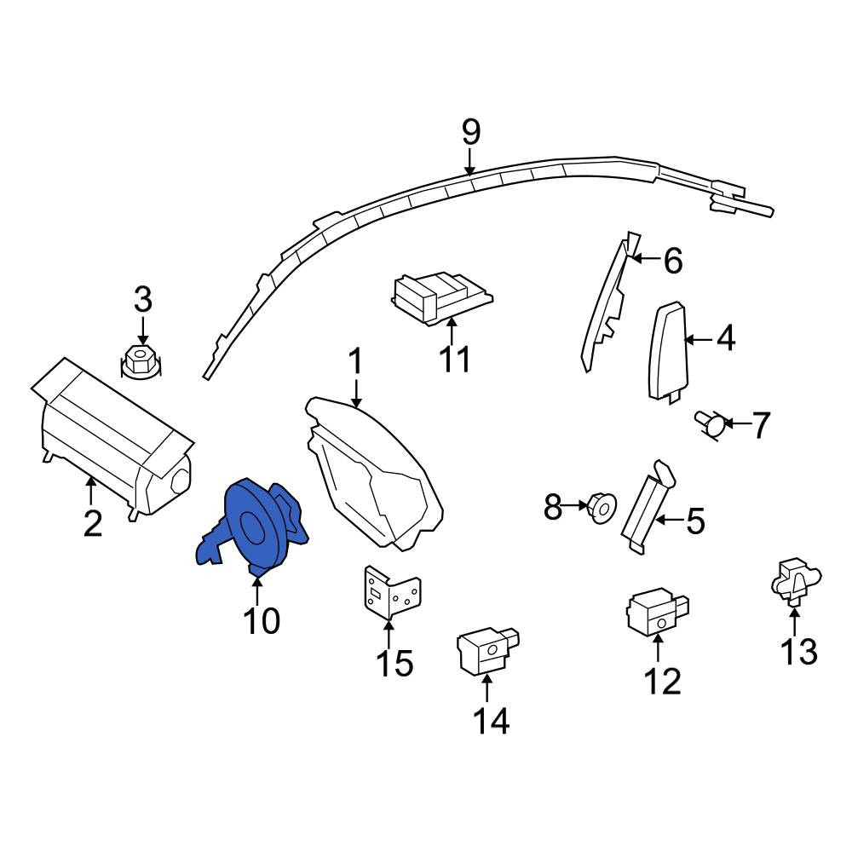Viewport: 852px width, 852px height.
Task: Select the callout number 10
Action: [x=262, y=620]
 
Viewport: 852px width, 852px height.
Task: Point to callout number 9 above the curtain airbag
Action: [x=471, y=133]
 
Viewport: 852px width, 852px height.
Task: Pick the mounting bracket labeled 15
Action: [x=392, y=592]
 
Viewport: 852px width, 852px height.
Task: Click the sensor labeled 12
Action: [x=658, y=611]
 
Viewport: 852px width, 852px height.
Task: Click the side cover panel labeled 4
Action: [x=667, y=354]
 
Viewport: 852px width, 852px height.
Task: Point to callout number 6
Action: [x=673, y=261]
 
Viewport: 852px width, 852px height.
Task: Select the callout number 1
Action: [x=355, y=361]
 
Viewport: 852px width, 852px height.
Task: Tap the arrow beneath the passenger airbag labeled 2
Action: [x=91, y=489]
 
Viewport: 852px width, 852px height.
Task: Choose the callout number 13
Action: [x=799, y=651]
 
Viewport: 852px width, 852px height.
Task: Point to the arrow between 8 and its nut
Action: [x=575, y=504]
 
